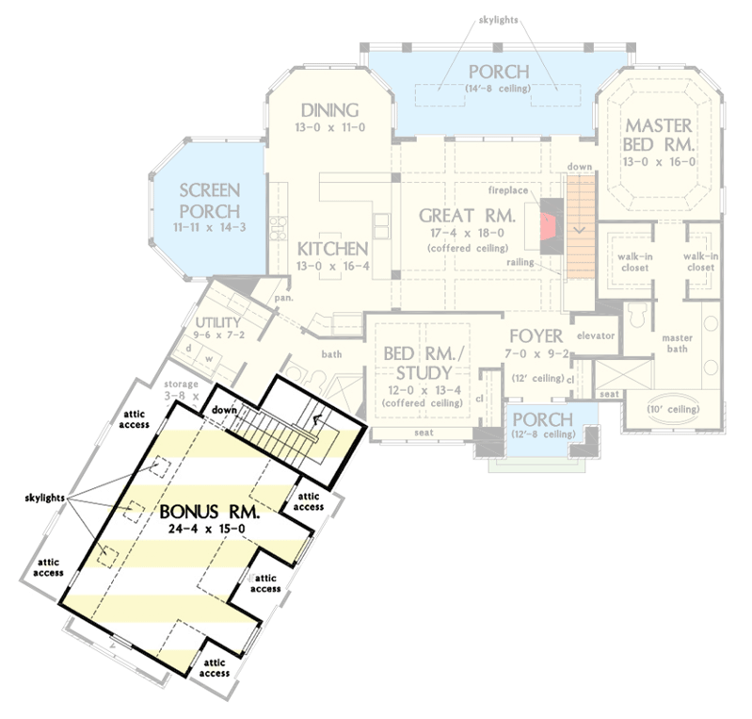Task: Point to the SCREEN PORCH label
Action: coord(209,199)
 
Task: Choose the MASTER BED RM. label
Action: coord(659,136)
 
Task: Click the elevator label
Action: coord(595,335)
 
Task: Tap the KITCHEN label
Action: coord(331,249)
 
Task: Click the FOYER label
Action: coord(536,335)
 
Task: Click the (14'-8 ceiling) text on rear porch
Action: coord(497,90)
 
